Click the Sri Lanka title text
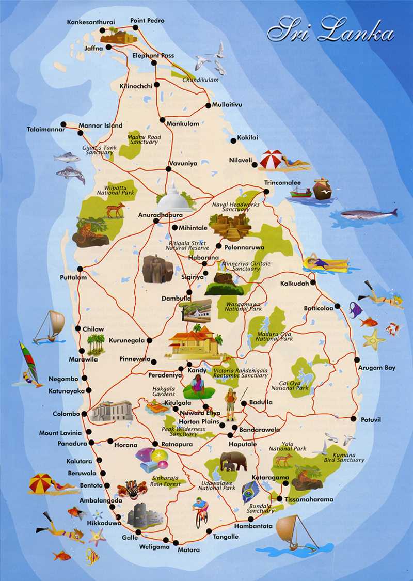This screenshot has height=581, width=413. pos(330,30)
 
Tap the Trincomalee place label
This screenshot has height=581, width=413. pos(282,183)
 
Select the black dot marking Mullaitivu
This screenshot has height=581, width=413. pos(208,105)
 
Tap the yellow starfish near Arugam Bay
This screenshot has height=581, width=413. pos(373,339)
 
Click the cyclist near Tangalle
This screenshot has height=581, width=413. pos(201,511)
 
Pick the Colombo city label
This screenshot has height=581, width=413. pos(66,414)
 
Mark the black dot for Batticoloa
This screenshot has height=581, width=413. pos(337,306)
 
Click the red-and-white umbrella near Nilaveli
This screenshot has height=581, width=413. pos(272,159)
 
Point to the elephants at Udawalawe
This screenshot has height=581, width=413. pos(230,461)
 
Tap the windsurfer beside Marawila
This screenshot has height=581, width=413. pos(29,364)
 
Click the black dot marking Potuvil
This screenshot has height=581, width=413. pos(354,419)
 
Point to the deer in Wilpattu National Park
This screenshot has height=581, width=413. pos(115,210)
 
